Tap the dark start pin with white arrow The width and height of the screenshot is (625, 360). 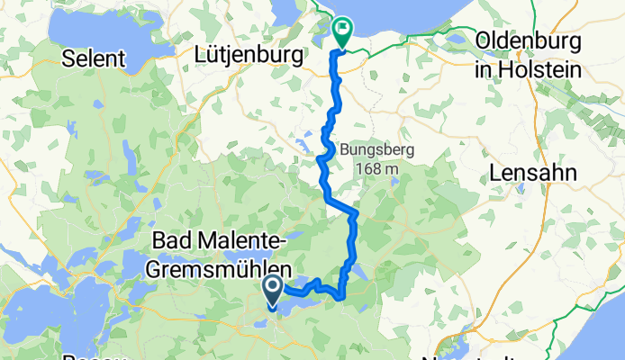point(273,290)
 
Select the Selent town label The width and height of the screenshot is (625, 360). point(94,58)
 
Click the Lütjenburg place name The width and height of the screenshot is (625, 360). point(248,56)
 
